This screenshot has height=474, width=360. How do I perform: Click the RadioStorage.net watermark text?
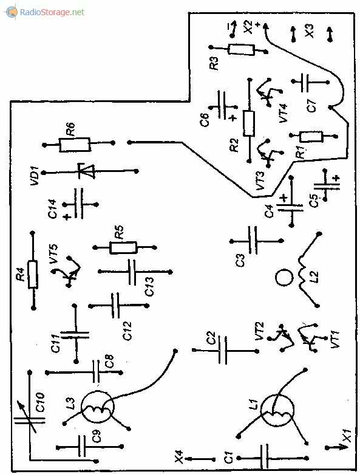[52, 12]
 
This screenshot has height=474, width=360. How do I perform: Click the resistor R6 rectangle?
[75, 145]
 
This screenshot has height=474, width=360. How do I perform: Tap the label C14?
[52, 208]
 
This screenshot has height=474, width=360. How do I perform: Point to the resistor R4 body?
[33, 274]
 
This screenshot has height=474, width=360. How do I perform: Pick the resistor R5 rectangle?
[123, 247]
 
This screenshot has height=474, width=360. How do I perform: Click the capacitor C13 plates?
[132, 272]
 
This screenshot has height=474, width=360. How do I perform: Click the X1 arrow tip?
[344, 447]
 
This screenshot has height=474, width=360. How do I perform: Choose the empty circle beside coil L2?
[284, 278]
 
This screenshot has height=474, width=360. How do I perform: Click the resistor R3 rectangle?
[241, 50]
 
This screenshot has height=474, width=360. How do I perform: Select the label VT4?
[284, 113]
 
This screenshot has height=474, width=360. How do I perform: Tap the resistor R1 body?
[311, 137]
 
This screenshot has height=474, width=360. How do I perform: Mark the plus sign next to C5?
[336, 178]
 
